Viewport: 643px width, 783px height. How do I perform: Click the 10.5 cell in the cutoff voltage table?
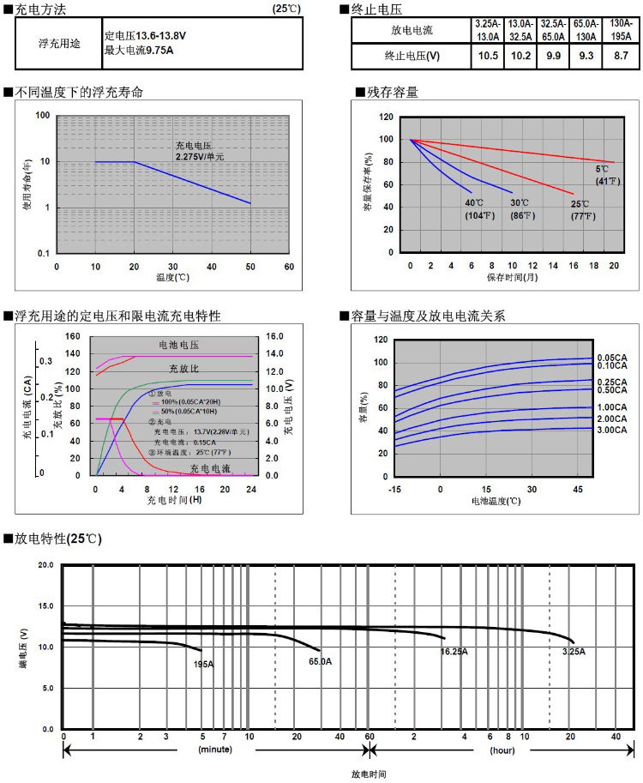point(488,56)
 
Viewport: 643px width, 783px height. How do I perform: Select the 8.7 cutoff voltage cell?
point(620,56)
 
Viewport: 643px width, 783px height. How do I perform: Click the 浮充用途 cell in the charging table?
point(59,44)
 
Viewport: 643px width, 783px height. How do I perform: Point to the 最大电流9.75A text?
point(139,51)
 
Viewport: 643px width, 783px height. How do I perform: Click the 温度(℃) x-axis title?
point(172,278)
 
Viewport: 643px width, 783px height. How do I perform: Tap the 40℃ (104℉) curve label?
point(477,209)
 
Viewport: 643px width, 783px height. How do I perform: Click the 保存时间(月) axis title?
point(513,277)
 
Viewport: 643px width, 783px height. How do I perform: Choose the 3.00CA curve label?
point(612,429)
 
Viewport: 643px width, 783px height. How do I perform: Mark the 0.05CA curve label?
point(612,357)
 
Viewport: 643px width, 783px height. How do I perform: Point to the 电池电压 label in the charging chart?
point(178,345)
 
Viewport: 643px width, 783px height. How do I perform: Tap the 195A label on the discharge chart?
point(203,664)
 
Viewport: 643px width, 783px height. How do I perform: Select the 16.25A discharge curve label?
point(454,652)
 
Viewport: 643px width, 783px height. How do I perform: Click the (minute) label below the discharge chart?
point(215,750)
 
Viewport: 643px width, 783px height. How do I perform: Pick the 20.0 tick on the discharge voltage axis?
point(45,566)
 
